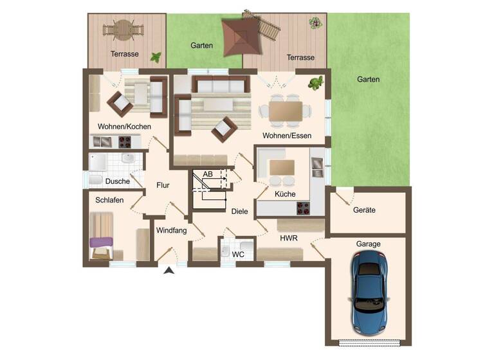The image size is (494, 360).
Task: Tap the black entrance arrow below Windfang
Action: tap(169, 271)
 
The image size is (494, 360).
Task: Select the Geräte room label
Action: tap(364, 210)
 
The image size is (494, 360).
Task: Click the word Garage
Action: tap(368, 244)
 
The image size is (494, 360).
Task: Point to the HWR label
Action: tap(288, 238)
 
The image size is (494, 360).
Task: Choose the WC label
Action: tap(238, 255)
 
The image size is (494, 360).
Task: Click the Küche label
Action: tap(284, 194)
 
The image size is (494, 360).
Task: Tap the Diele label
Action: tap(239, 210)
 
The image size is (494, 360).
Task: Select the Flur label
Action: tap(163, 185)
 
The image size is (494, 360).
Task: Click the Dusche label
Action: tap(118, 181)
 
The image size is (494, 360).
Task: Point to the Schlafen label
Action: tap(109, 201)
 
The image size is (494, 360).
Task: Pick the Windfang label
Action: tap(171, 230)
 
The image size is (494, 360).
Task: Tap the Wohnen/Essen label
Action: tap(287, 136)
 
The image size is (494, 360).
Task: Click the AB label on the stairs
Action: tap(207, 174)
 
